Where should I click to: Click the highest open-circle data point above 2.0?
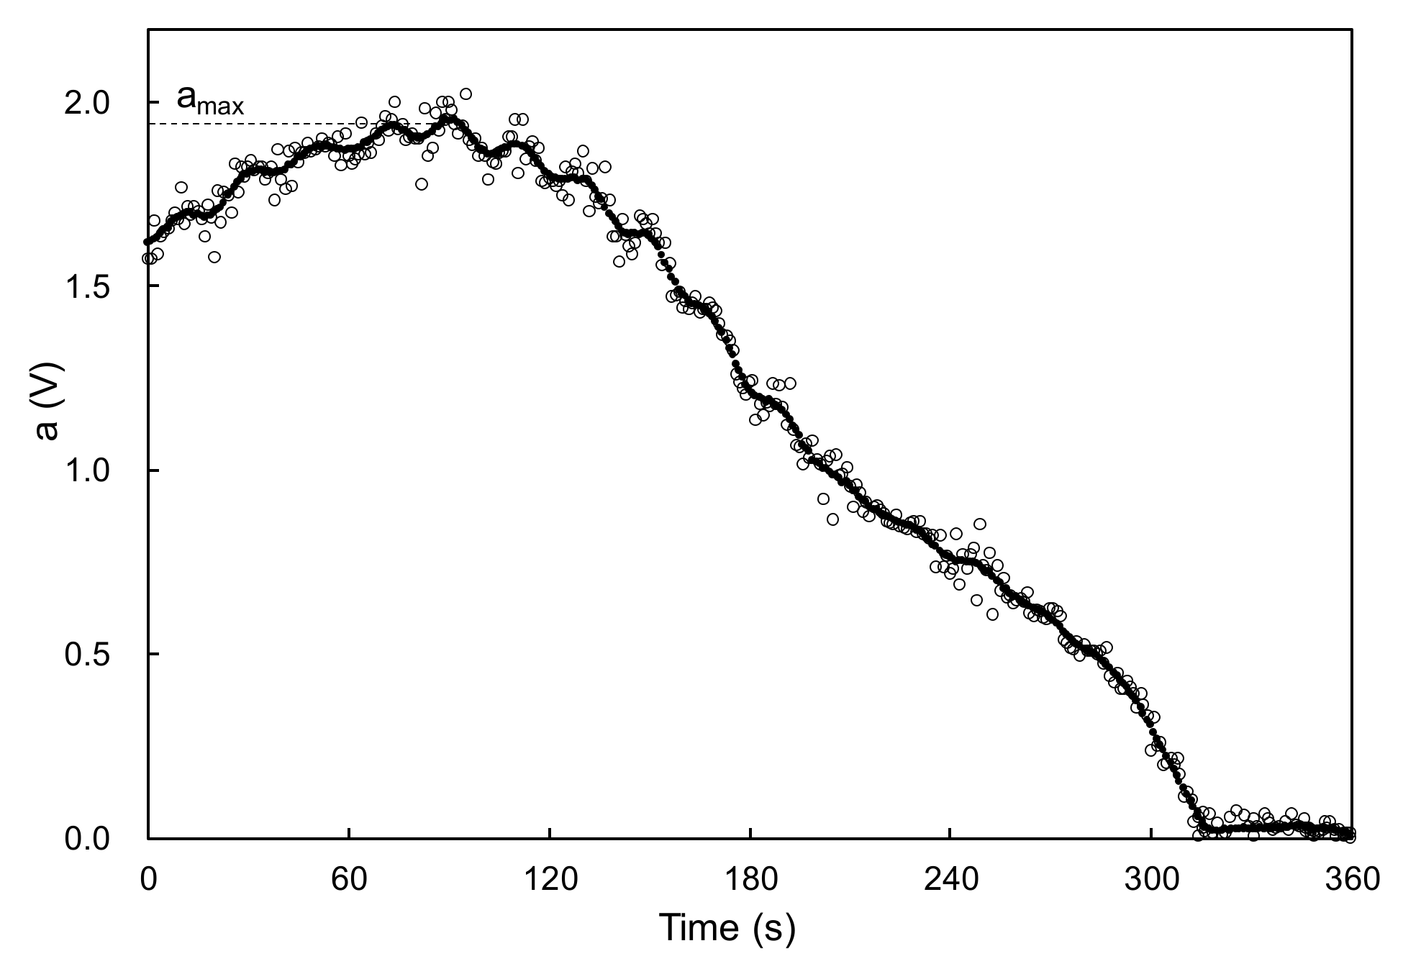pyautogui.click(x=466, y=94)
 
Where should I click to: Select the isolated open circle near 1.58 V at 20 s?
pyautogui.click(x=214, y=257)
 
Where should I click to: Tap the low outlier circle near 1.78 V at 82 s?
pyautogui.click(x=422, y=183)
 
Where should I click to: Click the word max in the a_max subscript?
pyautogui.click(x=222, y=107)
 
